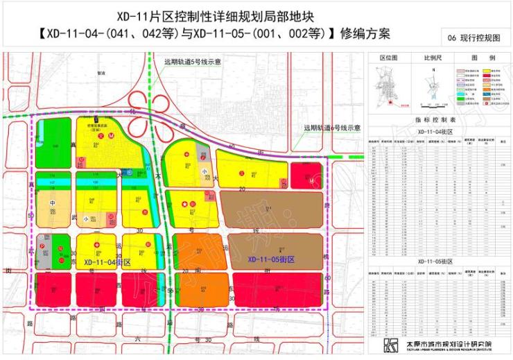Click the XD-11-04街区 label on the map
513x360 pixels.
(x=107, y=263)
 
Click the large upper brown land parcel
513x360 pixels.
(x=272, y=207)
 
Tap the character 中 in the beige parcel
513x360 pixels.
(x=52, y=203)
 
